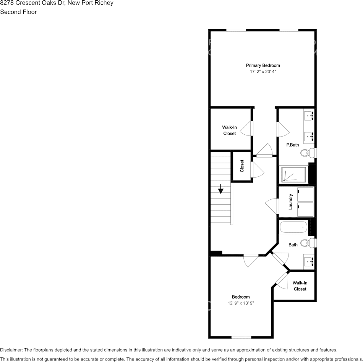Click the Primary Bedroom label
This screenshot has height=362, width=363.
coord(263,65)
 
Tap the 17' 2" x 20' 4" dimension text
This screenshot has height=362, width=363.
coord(263,72)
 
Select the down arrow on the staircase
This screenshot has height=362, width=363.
coord(221,189)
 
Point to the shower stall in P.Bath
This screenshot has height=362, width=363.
coord(293,174)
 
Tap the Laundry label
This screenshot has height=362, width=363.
coord(291,202)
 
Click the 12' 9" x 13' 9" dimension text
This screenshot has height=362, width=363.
coord(241,303)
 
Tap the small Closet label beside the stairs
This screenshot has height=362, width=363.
coord(242,166)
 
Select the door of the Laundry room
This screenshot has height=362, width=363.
coord(272,207)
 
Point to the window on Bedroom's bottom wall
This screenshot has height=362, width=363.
coord(241,337)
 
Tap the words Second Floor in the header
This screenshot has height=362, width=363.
coord(18,12)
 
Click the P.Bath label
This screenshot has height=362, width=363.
coord(293,145)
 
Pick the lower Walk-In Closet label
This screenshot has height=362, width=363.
coord(300,286)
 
